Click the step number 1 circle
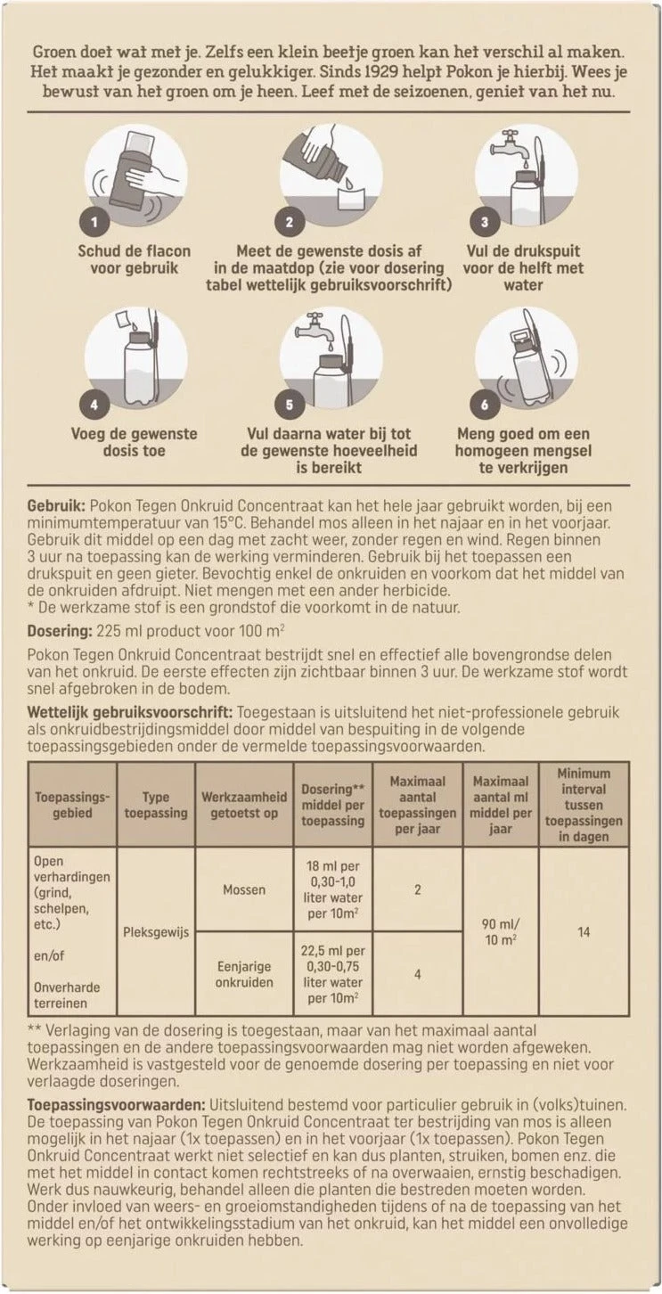[96, 221]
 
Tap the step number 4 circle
[96, 404]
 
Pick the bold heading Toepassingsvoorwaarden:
[116, 1104]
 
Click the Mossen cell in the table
[243, 889]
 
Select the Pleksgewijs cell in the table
[156, 933]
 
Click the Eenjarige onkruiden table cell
[243, 974]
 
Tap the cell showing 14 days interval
[584, 932]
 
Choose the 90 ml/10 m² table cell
[502, 932]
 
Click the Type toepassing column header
[156, 805]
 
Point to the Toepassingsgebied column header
[72, 805]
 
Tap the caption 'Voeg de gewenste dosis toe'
[135, 443]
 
